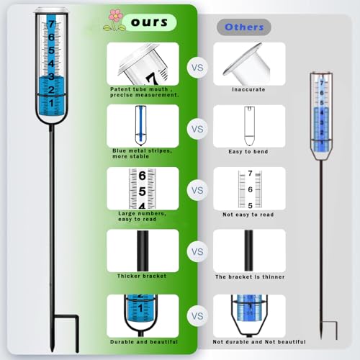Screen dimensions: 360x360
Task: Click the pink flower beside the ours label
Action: pos(116,16)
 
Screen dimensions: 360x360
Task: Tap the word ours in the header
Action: pos(149,22)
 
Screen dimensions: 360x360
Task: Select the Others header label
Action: pos(244,27)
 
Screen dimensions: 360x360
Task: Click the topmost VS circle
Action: pos(197,68)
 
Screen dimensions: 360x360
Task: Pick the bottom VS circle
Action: pos(197,316)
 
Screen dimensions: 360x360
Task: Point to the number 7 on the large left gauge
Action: pos(52,24)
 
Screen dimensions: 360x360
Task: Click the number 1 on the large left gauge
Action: pos(51,103)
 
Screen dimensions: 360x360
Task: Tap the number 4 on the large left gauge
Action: pos(51,63)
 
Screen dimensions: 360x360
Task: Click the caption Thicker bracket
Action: pos(142,276)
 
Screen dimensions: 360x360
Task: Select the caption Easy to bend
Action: pos(248,152)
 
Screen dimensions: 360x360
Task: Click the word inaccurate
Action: pos(248,89)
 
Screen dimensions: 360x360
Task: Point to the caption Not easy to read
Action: pos(248,215)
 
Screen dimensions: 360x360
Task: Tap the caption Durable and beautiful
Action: pos(144,342)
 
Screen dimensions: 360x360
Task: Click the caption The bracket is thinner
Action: pos(250,276)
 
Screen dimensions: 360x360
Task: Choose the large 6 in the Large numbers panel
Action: pos(142,176)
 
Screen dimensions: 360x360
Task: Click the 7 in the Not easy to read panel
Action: pos(250,173)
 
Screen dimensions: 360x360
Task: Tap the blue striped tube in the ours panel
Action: pos(140,125)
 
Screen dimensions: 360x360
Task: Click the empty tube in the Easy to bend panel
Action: pos(249,126)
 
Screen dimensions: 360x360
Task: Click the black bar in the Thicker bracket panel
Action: pos(143,251)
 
